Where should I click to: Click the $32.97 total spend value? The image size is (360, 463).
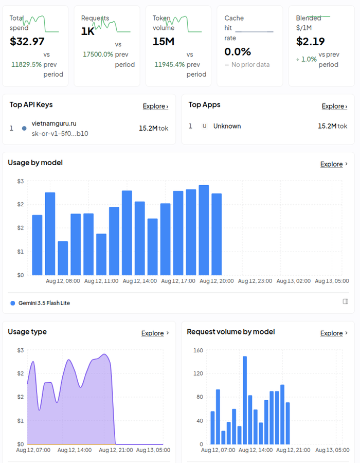(x=27, y=41)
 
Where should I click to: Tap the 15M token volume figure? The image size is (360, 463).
(x=164, y=41)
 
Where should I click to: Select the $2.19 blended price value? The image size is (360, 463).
(x=311, y=41)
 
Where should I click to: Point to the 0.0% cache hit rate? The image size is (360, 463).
(x=238, y=51)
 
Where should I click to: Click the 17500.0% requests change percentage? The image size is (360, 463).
(x=98, y=55)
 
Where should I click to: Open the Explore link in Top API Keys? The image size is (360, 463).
(x=155, y=106)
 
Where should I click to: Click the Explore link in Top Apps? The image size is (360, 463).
(x=334, y=106)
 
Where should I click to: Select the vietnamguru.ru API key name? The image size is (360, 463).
(x=54, y=123)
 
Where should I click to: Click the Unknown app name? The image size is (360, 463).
(x=227, y=126)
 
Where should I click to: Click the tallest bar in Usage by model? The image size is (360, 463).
(x=204, y=230)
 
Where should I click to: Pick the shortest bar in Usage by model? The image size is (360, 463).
(x=63, y=258)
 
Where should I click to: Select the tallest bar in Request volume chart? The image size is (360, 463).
(x=245, y=400)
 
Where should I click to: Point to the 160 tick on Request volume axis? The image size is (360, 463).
(x=198, y=350)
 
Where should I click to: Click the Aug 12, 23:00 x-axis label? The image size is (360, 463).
(x=255, y=281)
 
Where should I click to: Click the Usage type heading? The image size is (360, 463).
(x=27, y=332)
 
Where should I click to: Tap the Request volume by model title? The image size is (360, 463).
(x=231, y=332)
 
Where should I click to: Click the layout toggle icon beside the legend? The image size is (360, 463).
(x=345, y=301)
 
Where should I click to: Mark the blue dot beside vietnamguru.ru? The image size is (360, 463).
(x=24, y=128)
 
